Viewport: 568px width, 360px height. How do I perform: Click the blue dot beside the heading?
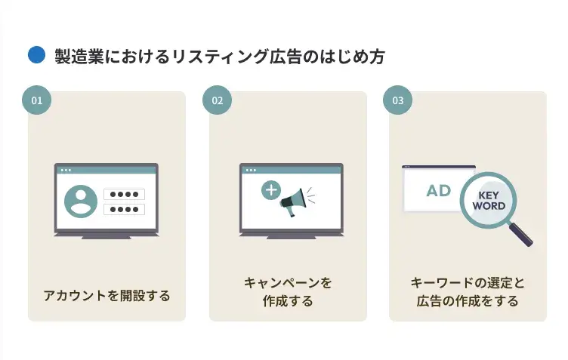[x=36, y=55]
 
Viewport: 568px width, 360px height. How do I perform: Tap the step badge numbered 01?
[x=36, y=100]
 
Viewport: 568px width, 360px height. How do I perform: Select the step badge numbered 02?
[x=217, y=100]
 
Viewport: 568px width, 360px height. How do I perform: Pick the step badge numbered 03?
[x=397, y=100]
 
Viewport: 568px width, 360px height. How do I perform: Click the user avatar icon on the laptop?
[x=81, y=202]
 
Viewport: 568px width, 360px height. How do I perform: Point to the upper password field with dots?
[x=124, y=194]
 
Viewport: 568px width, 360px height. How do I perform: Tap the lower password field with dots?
[x=124, y=210]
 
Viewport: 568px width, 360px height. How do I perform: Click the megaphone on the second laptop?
[x=294, y=202]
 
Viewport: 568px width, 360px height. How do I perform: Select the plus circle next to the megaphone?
[x=271, y=190]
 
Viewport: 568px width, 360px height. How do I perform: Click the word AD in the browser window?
[x=439, y=191]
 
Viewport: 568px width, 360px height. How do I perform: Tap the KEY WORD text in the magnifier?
[x=489, y=201]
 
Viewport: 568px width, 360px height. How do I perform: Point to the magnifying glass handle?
[x=520, y=235]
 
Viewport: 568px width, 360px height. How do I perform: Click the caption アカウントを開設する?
[x=106, y=296]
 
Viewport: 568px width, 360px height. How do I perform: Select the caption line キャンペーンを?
[x=288, y=282]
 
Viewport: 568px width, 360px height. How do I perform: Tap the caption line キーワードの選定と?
[x=468, y=282]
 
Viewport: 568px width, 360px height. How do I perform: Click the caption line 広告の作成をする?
[x=468, y=301]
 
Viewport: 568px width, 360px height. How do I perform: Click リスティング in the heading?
[x=221, y=57]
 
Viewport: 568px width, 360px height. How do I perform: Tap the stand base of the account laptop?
[x=106, y=238]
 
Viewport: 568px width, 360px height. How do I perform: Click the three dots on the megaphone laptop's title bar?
[x=251, y=170]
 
